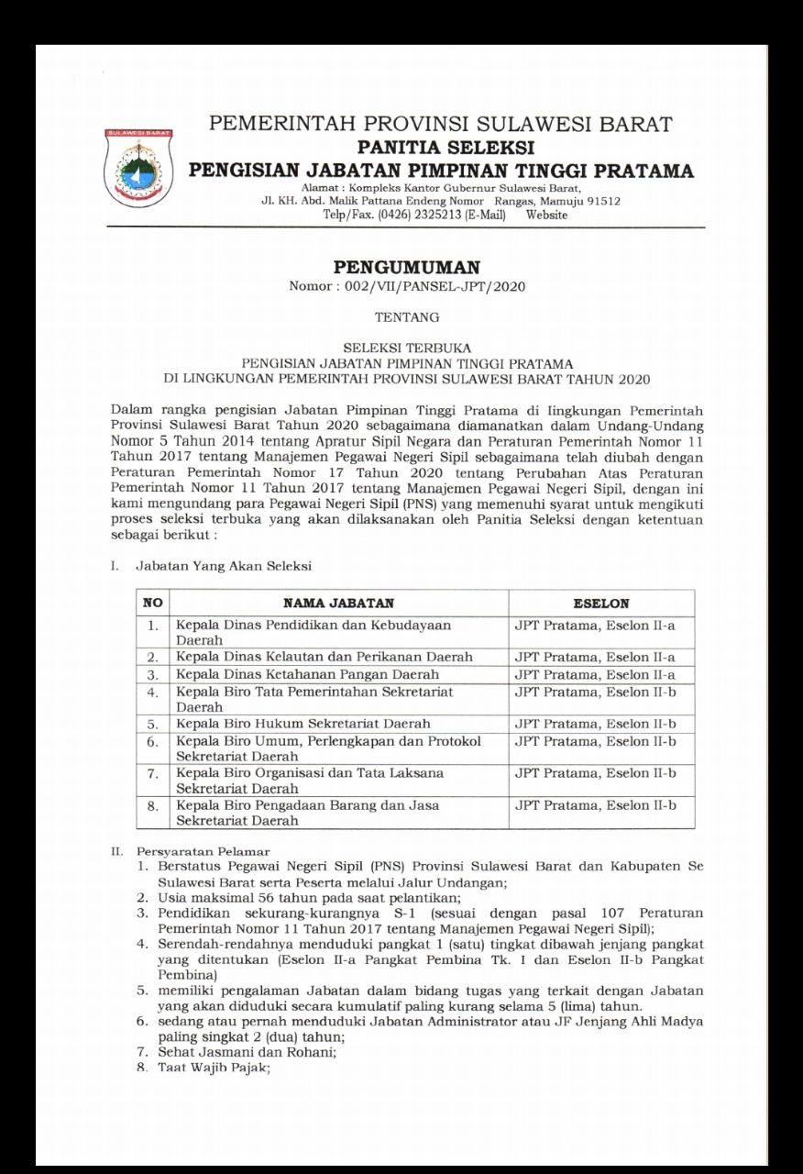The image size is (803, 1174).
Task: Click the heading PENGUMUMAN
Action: click(406, 268)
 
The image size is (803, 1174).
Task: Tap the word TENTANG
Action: click(407, 317)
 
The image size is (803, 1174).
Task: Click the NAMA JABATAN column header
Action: click(338, 603)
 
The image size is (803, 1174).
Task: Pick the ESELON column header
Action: click(600, 603)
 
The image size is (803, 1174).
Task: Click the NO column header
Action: click(152, 603)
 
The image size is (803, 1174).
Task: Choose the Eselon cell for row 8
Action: click(595, 805)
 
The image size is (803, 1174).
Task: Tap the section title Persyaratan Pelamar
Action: click(203, 851)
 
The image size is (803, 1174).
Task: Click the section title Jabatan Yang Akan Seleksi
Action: click(224, 566)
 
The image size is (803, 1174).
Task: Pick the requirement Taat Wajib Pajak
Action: click(214, 1069)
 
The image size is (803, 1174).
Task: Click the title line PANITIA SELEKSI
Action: click(446, 147)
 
